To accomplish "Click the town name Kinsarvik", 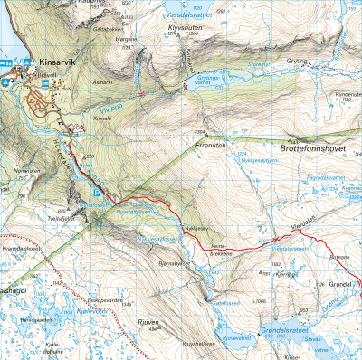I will pyautogui.click(x=61, y=62).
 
